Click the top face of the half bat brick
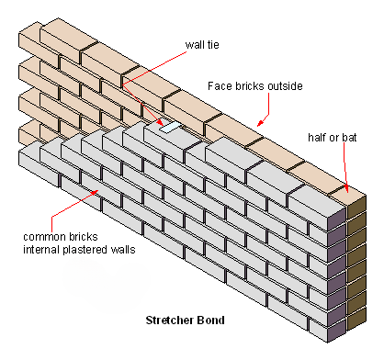pos(345,193)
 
